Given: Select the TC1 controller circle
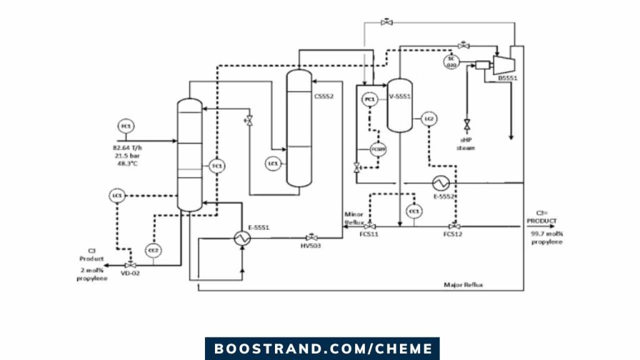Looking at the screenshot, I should [217, 166].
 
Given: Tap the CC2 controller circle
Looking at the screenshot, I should [152, 250].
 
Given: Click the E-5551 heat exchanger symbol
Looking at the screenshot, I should [241, 237].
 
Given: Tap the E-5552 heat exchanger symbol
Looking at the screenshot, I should [441, 182].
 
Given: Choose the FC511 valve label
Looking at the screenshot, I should [369, 234].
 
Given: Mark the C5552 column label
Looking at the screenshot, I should [324, 96].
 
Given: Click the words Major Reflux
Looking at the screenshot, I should [463, 285].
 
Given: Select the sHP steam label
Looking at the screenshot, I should [466, 144].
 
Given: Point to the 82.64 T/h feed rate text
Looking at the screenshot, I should [127, 147].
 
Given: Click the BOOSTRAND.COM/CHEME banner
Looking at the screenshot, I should [322, 348].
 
